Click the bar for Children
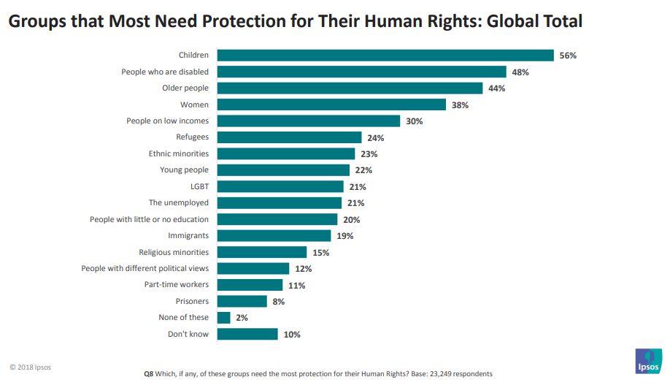coord(385,56)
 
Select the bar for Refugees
coord(289,137)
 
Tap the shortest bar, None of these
coord(224,318)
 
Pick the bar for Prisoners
coord(242,301)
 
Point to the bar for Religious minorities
coord(262,252)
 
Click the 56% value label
coord(568,56)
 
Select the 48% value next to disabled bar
coord(520,72)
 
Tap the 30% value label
coord(414,121)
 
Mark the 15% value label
coord(320,252)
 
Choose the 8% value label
coord(279,301)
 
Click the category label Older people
coord(185,88)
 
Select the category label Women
coord(194,104)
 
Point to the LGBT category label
coord(199,186)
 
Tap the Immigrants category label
coord(188,235)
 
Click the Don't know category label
coord(188,334)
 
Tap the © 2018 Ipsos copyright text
coord(31,367)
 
